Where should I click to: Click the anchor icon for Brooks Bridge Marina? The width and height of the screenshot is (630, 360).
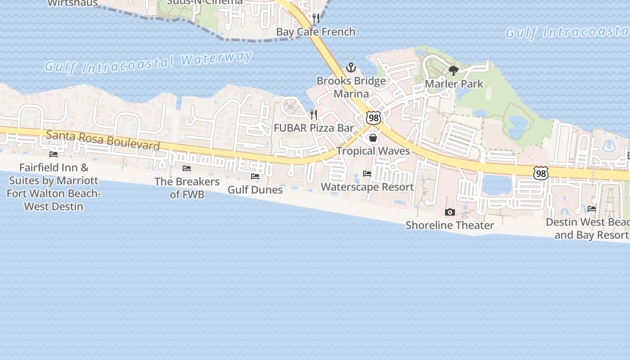(351, 68)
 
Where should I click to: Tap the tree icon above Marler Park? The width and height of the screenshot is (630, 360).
(454, 70)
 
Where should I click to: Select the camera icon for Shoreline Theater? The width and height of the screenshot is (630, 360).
(450, 212)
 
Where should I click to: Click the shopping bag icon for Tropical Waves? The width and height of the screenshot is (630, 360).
(373, 138)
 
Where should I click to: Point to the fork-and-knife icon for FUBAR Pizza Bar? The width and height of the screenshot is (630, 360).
(314, 115)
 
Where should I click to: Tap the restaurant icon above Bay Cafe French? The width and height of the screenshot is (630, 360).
(316, 18)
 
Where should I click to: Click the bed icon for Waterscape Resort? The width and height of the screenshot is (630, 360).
(367, 174)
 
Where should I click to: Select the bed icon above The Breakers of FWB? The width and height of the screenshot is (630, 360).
(187, 168)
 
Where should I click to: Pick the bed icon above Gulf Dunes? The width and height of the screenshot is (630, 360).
(255, 176)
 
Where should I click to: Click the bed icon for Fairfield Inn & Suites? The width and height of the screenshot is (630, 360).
(54, 154)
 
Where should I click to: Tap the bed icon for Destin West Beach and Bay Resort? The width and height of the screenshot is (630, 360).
(592, 209)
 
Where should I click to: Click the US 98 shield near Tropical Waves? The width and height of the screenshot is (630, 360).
(373, 118)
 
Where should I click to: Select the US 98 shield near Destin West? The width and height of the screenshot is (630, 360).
(541, 172)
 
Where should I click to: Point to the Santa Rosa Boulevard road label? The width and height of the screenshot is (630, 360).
(103, 140)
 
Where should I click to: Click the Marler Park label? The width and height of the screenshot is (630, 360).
(454, 84)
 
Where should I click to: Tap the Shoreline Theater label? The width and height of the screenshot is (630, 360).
(450, 225)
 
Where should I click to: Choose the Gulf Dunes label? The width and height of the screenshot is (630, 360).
(255, 189)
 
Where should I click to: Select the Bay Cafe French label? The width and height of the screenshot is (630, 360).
(316, 31)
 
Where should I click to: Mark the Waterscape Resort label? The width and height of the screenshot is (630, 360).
(367, 187)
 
